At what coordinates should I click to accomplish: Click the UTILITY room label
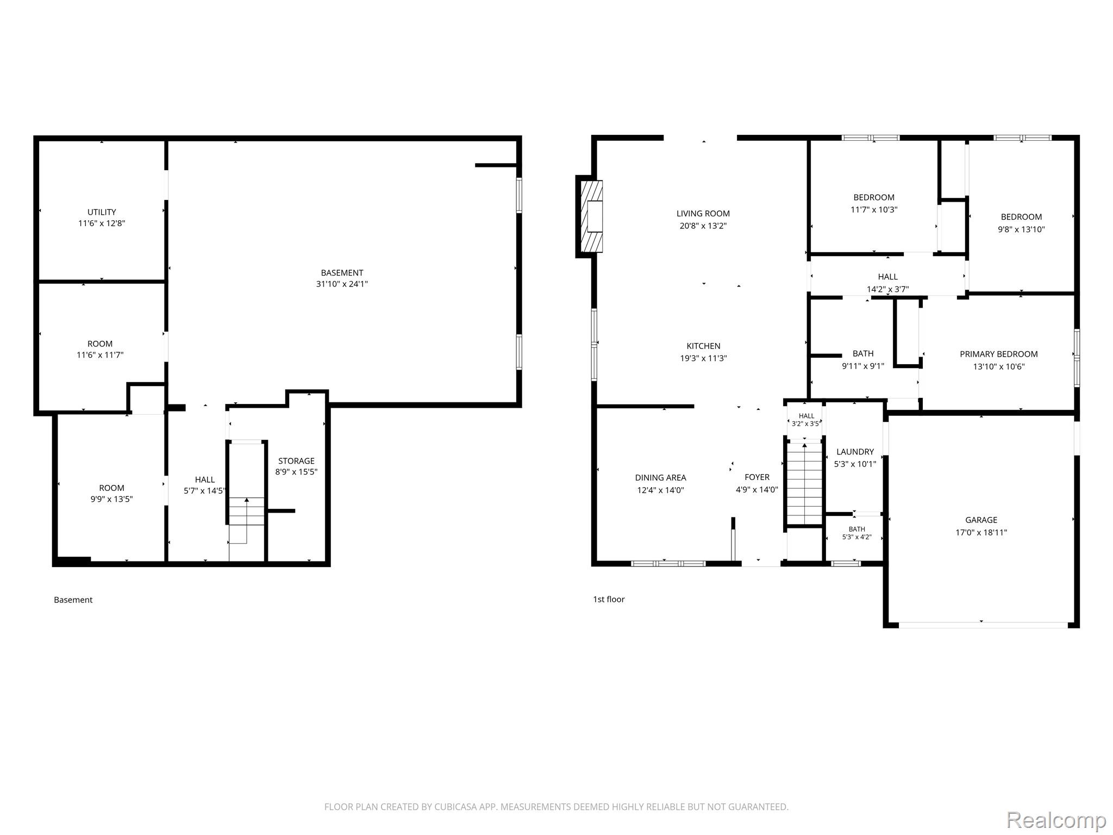point(102,212)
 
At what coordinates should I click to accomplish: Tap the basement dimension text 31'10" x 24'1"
point(342,284)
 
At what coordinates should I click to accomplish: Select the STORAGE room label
point(296,461)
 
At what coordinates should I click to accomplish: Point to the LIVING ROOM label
point(703,214)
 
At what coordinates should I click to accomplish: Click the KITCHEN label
point(703,346)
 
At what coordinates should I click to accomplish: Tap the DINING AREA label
point(660,478)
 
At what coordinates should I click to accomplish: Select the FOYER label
point(757,477)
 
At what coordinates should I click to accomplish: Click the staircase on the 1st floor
point(804,483)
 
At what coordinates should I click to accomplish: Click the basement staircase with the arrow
point(247,520)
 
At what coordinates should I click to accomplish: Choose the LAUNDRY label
point(855,452)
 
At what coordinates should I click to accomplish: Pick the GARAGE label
point(981,520)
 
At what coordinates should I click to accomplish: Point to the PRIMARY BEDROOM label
point(998,354)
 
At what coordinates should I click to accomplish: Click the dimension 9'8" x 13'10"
point(1021,229)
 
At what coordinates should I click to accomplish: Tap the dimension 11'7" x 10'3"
point(874,209)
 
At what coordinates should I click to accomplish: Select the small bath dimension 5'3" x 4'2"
point(856,537)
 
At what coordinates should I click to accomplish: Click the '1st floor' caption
point(609,599)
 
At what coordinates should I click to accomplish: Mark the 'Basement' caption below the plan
point(73,600)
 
